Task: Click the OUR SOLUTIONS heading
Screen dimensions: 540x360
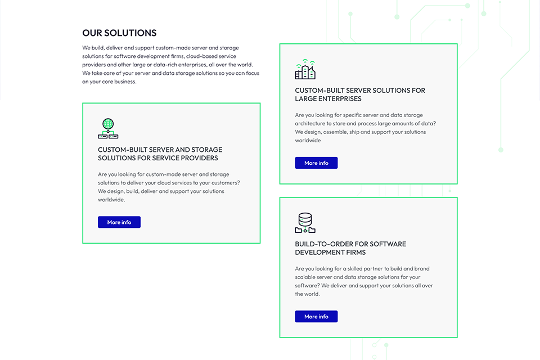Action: [119, 33]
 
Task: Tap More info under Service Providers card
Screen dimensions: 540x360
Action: [119, 222]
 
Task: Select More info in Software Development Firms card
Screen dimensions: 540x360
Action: [316, 317]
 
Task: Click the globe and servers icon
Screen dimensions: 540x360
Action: [108, 128]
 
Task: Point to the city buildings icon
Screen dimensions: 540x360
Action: [305, 69]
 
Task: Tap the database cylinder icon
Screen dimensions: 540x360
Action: [305, 223]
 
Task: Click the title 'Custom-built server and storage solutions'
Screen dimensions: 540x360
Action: [160, 154]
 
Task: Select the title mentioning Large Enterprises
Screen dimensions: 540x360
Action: [360, 94]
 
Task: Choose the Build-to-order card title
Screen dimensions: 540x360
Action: [350, 248]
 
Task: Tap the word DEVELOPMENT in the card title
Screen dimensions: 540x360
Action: [316, 253]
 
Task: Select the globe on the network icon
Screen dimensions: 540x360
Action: [108, 124]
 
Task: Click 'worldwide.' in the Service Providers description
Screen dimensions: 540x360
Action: [111, 200]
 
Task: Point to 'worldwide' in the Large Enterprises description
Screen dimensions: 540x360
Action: [308, 141]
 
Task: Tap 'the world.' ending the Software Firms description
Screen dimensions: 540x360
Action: [307, 294]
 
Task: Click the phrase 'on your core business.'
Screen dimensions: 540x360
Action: [109, 82]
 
